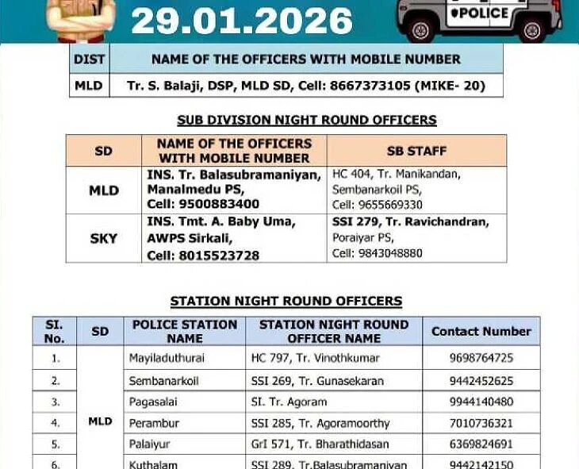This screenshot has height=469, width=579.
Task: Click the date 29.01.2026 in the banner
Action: pyautogui.click(x=242, y=20)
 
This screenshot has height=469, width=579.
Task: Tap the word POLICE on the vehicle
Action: pyautogui.click(x=478, y=13)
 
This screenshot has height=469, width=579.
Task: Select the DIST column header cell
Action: pyautogui.click(x=89, y=59)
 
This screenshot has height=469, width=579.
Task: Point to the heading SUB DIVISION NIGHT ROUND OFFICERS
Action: pyautogui.click(x=306, y=121)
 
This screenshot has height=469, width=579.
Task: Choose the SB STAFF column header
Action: pyautogui.click(x=416, y=150)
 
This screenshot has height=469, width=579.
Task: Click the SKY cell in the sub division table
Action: pyautogui.click(x=103, y=238)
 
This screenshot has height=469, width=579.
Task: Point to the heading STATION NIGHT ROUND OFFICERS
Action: pyautogui.click(x=286, y=302)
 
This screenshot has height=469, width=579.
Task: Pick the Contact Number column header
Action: pyautogui.click(x=481, y=331)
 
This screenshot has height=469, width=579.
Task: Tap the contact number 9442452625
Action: pyautogui.click(x=481, y=381)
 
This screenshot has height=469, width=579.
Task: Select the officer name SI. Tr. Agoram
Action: pyautogui.click(x=289, y=402)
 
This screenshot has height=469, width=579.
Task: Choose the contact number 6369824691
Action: pyautogui.click(x=481, y=444)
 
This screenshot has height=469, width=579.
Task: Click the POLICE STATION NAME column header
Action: pyautogui.click(x=184, y=331)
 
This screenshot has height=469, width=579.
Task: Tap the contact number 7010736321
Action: pyautogui.click(x=481, y=423)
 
